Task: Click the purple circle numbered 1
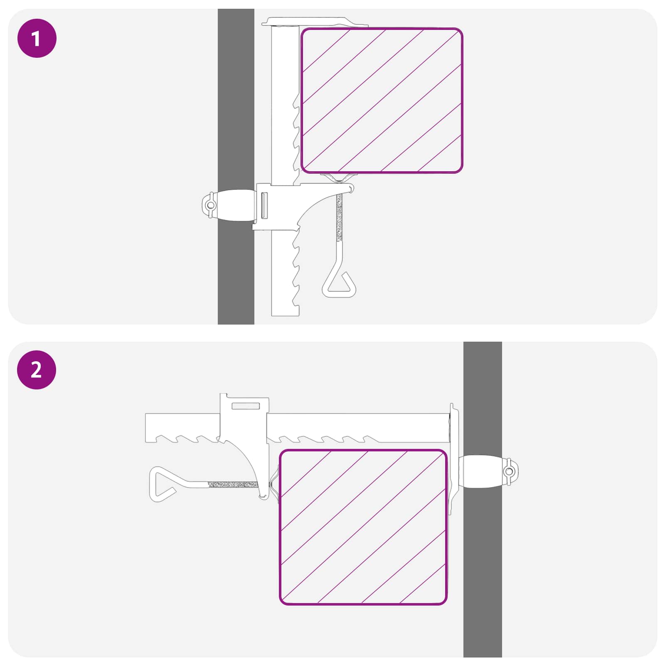click(37, 38)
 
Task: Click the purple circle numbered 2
click(37, 370)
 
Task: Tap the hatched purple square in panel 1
click(382, 100)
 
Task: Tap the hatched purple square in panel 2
click(363, 527)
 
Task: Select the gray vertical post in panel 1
click(236, 166)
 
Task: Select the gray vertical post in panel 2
click(483, 499)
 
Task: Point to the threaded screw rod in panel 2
click(233, 484)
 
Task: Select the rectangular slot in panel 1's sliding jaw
click(264, 205)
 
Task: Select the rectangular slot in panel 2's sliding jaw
click(246, 406)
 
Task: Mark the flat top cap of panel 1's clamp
click(315, 22)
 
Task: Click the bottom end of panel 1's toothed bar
click(285, 315)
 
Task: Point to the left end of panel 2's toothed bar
click(146, 428)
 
